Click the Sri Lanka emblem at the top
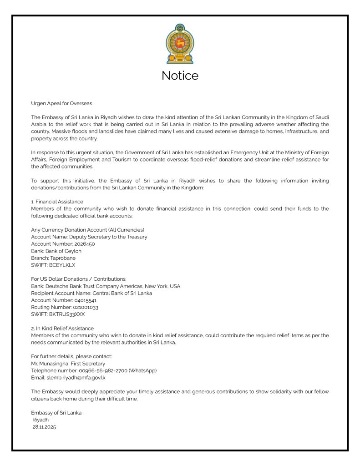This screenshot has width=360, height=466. point(180,44)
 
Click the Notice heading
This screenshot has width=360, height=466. point(180,76)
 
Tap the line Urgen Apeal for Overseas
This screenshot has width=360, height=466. point(61,103)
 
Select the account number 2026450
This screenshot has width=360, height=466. point(82,244)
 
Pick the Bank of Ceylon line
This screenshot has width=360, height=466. point(56,251)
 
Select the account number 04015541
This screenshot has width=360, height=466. point(83,300)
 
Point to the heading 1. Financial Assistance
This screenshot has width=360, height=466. point(57,202)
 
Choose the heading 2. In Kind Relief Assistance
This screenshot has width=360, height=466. point(62,328)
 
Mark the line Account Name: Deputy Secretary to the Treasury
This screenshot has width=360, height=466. point(89,237)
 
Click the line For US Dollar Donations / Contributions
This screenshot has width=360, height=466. point(79,279)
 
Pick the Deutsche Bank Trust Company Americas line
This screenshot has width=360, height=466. point(106,286)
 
